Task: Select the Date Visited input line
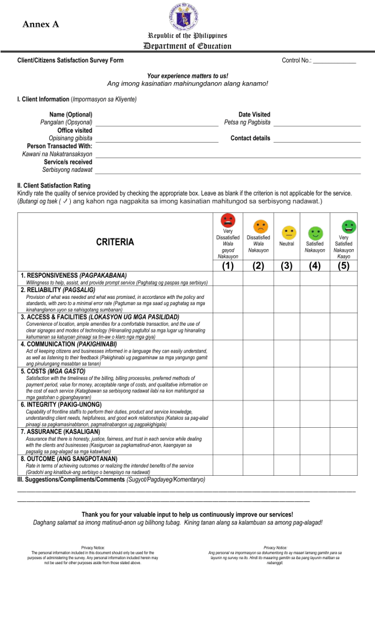tap(317, 124)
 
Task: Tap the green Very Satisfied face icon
tap(348, 227)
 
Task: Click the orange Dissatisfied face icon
tap(258, 227)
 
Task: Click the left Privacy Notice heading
tap(92, 547)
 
